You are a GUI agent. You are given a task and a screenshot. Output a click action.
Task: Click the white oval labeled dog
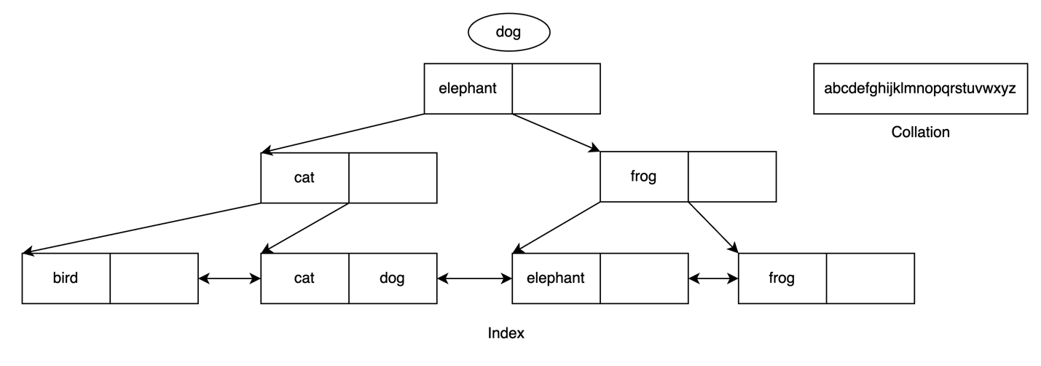(508, 32)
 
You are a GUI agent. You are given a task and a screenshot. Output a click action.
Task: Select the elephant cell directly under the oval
(468, 89)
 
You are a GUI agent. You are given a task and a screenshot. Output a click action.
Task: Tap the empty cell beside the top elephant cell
(556, 89)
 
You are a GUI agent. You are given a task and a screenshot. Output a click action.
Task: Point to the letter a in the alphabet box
(828, 89)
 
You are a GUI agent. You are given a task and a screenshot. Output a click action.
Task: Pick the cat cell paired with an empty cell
(305, 178)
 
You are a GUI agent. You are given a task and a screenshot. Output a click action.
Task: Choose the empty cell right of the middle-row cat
(393, 178)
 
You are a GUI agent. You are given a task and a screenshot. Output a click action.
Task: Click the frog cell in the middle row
(643, 176)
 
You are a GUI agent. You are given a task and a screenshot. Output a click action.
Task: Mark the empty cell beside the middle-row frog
(731, 176)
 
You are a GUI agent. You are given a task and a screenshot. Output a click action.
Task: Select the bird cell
(66, 279)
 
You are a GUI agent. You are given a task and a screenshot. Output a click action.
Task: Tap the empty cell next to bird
(154, 279)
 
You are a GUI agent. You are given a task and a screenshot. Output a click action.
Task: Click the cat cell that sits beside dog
(305, 279)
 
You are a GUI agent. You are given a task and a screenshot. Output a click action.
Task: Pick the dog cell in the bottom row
(393, 279)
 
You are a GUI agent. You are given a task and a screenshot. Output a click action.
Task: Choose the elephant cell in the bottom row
(556, 279)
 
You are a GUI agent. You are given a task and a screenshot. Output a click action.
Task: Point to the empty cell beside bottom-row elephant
(644, 279)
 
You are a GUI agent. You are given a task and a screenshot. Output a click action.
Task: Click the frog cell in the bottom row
(782, 279)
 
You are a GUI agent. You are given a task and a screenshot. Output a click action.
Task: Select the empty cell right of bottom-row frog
(870, 279)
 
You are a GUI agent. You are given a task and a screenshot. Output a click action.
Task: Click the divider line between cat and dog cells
(349, 279)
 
